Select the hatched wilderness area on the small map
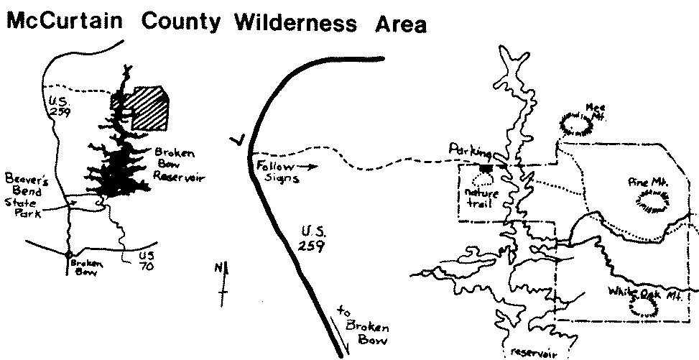[149, 109]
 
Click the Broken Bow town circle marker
[68, 254]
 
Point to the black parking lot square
[486, 168]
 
